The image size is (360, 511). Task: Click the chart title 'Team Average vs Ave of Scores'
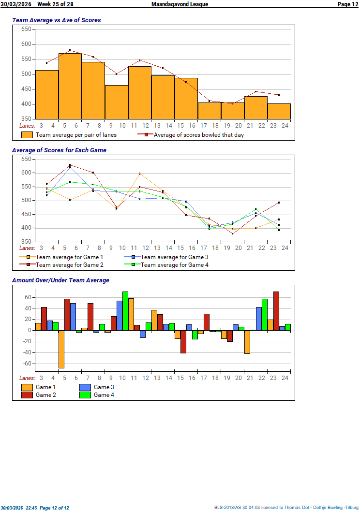pos(56,20)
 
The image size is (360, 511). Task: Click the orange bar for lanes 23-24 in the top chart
pos(279,111)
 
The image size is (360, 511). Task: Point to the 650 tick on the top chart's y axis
pos(26,29)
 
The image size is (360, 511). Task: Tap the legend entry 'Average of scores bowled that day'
pos(198,135)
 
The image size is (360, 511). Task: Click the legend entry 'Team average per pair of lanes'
pos(76,135)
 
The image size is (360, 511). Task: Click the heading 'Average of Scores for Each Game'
pos(59,150)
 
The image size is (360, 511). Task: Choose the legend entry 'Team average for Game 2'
pos(69,264)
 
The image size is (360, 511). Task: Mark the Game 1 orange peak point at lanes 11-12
pos(140,174)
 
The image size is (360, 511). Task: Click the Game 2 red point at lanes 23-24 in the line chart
pos(279,203)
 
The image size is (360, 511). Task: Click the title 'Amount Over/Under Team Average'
pos(60,280)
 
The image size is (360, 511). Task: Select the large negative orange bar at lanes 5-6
pos(61,349)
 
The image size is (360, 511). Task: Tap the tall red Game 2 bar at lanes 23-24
pos(276,311)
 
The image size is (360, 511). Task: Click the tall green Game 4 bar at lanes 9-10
pos(125,311)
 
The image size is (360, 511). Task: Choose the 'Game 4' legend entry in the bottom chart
pos(104,395)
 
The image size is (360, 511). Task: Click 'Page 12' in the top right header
pos(347,4)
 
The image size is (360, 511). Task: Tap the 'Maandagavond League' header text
pos(180,4)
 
